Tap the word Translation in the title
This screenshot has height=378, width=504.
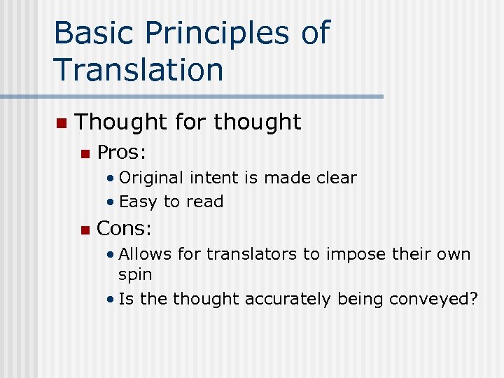click(138, 69)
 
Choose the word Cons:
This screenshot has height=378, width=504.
click(125, 228)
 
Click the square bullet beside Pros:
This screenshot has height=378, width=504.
click(85, 153)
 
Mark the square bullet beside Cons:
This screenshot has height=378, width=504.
click(85, 230)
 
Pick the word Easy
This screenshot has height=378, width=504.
click(139, 202)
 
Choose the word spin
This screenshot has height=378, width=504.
click(134, 275)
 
